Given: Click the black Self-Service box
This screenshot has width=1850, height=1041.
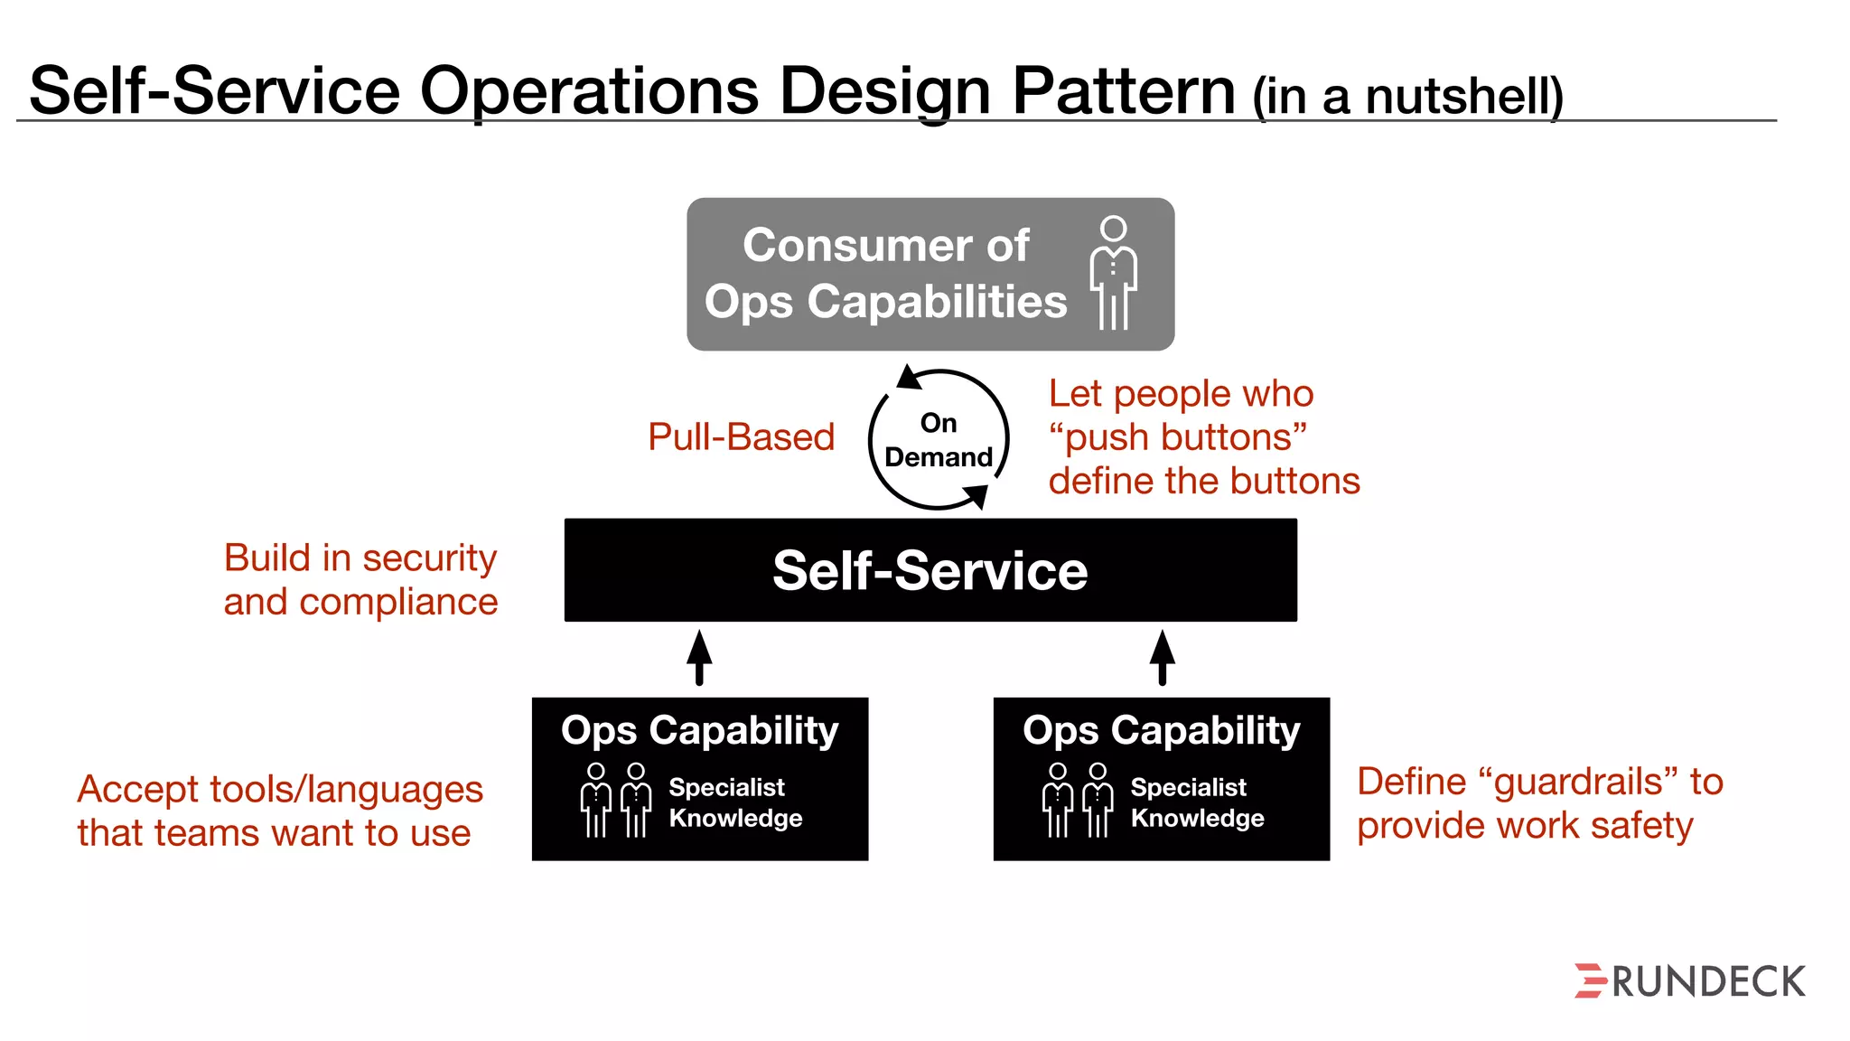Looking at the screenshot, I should tap(930, 570).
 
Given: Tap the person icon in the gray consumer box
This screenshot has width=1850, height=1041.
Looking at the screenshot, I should tap(1114, 273).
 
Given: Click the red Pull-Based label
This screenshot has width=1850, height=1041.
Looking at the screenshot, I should tap(741, 437).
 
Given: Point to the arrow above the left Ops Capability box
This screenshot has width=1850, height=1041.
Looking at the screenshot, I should tap(699, 658).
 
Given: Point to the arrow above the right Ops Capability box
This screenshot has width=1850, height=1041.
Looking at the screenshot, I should tap(1163, 658).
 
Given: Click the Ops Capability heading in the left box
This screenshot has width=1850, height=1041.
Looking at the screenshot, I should tap(699, 730).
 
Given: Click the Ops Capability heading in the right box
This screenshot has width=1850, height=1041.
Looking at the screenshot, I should tap(1162, 730).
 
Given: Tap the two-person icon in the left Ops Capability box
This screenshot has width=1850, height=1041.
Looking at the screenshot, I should tap(616, 800).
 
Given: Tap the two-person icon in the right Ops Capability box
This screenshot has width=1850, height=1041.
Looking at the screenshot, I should tap(1078, 800).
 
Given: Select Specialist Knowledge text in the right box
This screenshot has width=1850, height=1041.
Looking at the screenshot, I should tap(1197, 802).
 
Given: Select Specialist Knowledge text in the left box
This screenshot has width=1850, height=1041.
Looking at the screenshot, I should tap(735, 802).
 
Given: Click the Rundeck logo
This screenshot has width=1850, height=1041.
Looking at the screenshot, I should tap(1690, 981).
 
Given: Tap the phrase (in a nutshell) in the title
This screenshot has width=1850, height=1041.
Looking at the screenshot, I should tap(1407, 97).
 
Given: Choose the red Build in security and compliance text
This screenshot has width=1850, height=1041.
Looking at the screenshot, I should tap(360, 579).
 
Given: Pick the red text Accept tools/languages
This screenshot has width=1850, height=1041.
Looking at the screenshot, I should tap(280, 790).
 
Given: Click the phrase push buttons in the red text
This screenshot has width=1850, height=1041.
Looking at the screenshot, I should tap(1178, 437).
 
